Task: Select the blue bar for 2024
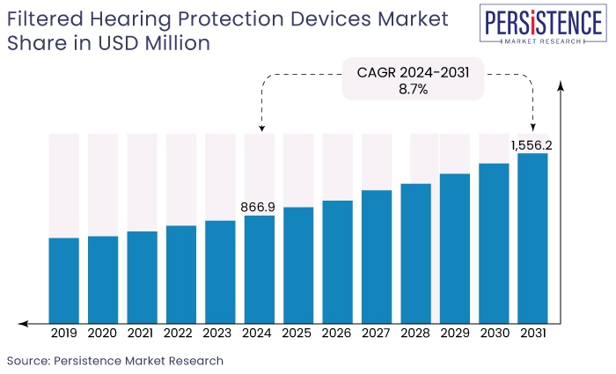pyautogui.click(x=259, y=268)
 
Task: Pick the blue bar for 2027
pyautogui.click(x=376, y=256)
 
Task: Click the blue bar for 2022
pyautogui.click(x=180, y=274)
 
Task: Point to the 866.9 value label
pyautogui.click(x=258, y=207)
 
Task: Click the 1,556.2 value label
pyautogui.click(x=531, y=143)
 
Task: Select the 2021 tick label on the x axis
pyautogui.click(x=142, y=334)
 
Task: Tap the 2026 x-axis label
pyautogui.click(x=337, y=334)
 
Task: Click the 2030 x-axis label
pyautogui.click(x=494, y=334)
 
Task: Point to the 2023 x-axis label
pyautogui.click(x=220, y=334)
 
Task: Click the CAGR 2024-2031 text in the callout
pyautogui.click(x=412, y=72)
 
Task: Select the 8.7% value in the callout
pyautogui.click(x=412, y=89)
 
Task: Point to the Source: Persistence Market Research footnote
pyautogui.click(x=115, y=361)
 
